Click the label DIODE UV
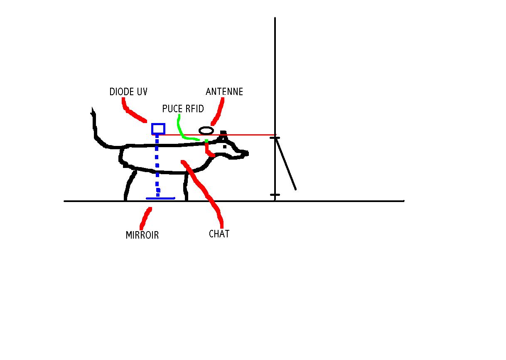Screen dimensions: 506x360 point(128,92)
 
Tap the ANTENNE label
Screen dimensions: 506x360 point(224,91)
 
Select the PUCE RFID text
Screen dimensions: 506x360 point(183,109)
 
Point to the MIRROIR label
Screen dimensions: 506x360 point(142,235)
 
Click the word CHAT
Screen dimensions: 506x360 point(219,234)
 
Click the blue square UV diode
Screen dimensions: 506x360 point(158,129)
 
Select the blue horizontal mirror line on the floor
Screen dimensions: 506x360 point(160,198)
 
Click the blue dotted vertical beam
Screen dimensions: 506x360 point(157,166)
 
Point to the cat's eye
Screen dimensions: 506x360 point(225,146)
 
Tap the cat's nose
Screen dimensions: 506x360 point(246,153)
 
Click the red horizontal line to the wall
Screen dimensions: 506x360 point(241,135)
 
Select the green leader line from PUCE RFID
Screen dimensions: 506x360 point(182,129)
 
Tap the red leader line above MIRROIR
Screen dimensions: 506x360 point(146,216)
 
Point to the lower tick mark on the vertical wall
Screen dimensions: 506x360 point(275,195)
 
